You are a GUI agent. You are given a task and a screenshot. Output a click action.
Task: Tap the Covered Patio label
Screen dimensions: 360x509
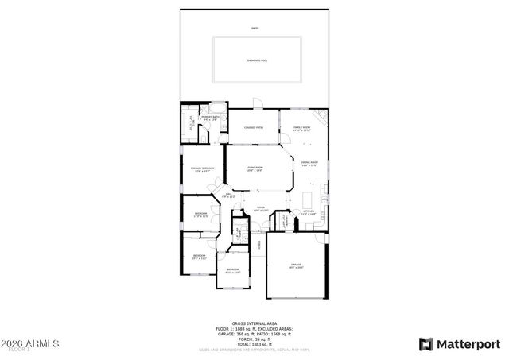254,127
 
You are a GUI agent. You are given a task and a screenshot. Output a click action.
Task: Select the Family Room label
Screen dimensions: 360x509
301,128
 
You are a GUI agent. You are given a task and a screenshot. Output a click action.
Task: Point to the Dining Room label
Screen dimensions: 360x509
309,164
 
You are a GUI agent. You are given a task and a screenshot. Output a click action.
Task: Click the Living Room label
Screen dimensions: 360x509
254,168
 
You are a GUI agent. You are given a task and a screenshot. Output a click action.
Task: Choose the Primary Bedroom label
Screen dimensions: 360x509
202,168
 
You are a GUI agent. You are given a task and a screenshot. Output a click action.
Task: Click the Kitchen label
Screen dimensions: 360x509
309,212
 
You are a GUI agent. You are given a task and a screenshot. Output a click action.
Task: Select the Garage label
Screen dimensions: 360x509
295,265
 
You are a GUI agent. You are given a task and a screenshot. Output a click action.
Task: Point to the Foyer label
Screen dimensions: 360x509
260,208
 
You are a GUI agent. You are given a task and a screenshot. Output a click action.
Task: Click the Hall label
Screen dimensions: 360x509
228,195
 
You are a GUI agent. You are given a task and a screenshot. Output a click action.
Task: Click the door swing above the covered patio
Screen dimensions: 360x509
255,104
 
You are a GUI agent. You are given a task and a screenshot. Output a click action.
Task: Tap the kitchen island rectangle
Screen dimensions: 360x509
308,198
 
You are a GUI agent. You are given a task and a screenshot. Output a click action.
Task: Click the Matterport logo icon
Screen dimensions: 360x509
426,343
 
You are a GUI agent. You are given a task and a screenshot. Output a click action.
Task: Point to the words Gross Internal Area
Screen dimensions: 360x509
254,323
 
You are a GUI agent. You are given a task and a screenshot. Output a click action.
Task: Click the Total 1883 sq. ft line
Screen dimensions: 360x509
254,344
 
